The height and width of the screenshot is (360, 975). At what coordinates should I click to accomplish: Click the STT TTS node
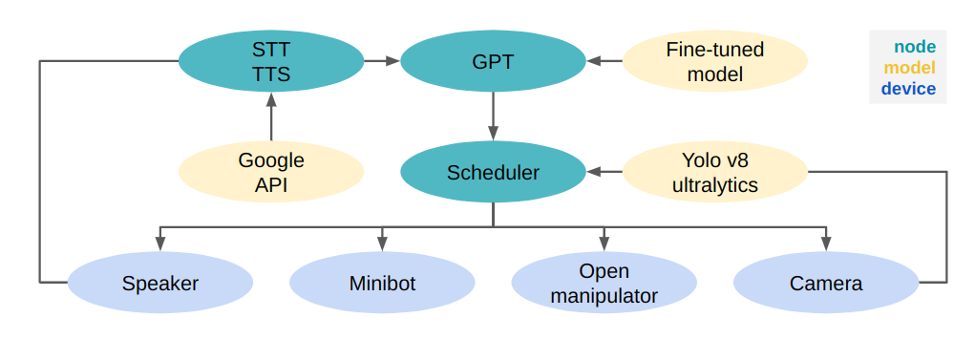(x=271, y=61)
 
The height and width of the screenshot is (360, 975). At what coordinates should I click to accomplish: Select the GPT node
(x=493, y=61)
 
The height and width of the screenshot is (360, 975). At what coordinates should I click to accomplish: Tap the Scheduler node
(x=493, y=173)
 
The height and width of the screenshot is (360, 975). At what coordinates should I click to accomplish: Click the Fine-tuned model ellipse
(x=714, y=61)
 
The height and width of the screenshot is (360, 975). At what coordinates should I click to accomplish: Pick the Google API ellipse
(x=271, y=173)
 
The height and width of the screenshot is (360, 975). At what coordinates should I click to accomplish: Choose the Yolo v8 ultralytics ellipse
(x=714, y=173)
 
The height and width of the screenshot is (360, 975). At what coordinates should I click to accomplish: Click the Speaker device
(x=160, y=284)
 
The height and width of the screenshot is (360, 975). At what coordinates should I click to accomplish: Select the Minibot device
(x=382, y=284)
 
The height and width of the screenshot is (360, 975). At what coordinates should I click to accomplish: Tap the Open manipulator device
(x=604, y=284)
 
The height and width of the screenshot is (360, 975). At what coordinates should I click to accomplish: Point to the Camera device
(x=825, y=284)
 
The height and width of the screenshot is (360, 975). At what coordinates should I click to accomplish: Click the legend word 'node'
(x=914, y=47)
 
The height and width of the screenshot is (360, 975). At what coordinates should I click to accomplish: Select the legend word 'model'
(x=909, y=68)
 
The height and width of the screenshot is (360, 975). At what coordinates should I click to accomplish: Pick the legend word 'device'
(x=908, y=89)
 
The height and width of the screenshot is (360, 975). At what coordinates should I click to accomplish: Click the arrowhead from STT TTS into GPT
(x=392, y=61)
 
